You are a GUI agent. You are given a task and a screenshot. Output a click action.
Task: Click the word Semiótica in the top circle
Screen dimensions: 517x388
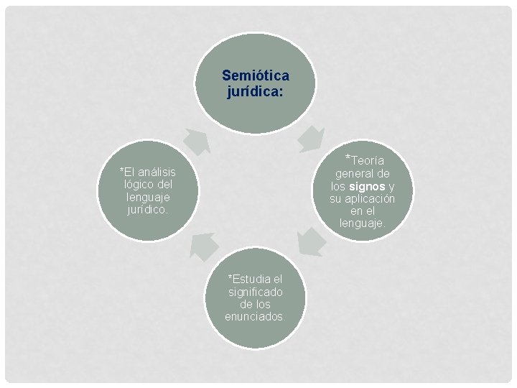click(256, 75)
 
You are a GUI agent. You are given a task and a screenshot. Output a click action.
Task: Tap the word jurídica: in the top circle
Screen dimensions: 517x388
click(256, 91)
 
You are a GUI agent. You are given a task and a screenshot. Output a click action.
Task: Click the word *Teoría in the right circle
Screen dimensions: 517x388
click(365, 160)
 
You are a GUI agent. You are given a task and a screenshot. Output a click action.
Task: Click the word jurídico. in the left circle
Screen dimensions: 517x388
click(147, 210)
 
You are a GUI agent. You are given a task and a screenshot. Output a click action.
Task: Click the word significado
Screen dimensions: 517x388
click(256, 291)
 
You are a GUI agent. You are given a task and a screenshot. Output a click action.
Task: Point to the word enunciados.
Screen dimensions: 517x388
click(255, 317)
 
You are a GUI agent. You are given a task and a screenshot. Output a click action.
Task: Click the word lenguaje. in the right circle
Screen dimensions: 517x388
click(363, 224)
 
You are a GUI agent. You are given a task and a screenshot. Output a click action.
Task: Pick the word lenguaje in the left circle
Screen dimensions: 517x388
click(147, 197)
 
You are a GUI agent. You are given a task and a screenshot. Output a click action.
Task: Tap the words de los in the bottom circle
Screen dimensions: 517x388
click(256, 304)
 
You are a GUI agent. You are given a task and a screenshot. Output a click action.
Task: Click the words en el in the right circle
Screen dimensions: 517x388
click(363, 211)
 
